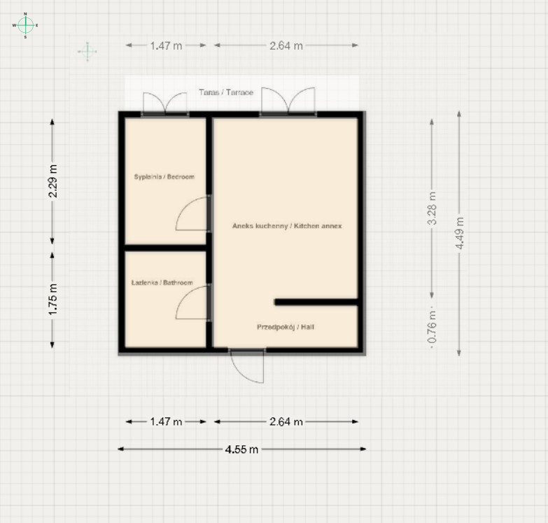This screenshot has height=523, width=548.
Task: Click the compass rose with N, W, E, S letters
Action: (25, 25)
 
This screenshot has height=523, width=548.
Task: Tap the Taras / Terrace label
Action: (226, 92)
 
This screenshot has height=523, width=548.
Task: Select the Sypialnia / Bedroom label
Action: (164, 176)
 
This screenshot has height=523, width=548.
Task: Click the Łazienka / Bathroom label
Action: (162, 282)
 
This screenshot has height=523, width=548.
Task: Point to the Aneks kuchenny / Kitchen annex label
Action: (287, 226)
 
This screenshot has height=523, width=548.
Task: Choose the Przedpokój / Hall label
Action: (286, 327)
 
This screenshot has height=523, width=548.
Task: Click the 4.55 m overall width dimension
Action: (242, 449)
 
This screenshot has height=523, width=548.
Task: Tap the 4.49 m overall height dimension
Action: (460, 233)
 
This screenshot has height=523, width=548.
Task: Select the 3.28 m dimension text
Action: (433, 209)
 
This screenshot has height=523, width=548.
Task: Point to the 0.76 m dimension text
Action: (433, 326)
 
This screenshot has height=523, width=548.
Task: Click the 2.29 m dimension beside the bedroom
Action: (52, 181)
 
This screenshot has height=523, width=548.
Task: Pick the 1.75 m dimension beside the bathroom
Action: (52, 299)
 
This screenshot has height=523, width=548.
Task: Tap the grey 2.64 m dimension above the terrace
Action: (286, 46)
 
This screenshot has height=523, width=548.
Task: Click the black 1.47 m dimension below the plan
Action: (166, 421)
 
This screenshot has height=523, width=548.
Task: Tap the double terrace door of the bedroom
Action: (165, 104)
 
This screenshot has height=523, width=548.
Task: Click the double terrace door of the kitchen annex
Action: (288, 101)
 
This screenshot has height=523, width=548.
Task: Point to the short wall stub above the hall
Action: (316, 302)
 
